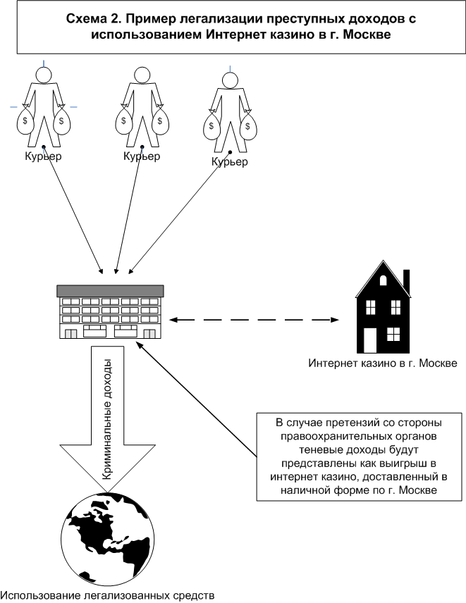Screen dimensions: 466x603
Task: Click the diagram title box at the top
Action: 241,27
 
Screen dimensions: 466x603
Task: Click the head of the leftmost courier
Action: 44,75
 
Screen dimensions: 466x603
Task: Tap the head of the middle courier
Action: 142,75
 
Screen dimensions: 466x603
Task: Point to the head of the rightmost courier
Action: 230,80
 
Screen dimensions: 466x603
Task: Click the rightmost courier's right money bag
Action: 248,126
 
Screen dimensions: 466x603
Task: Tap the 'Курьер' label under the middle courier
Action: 142,156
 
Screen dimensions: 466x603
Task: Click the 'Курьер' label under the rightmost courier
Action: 230,161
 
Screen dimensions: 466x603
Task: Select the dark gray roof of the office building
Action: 111,291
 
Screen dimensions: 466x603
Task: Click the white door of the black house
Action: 370,340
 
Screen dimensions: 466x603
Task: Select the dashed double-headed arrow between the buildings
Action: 255,320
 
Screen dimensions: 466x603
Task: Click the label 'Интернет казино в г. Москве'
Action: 383,363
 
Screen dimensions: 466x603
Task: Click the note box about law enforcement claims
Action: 360,457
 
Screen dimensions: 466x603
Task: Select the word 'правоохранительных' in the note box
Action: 359,437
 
